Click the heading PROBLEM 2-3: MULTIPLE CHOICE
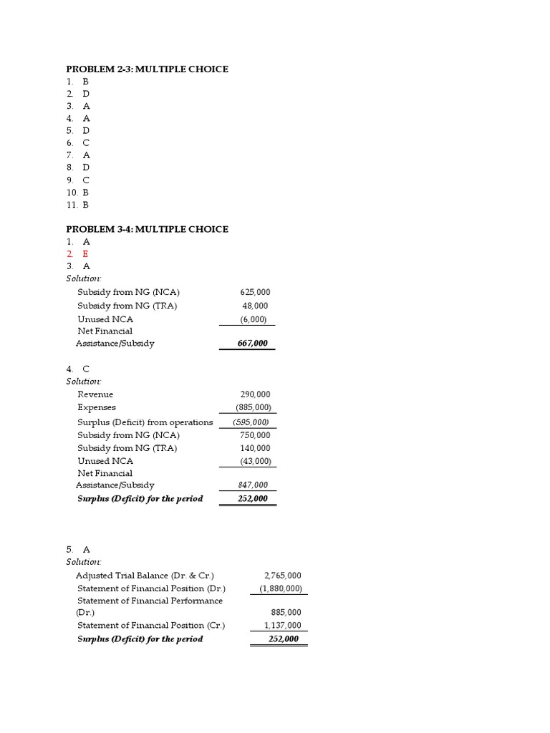tap(147, 69)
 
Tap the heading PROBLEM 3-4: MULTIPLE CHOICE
tap(147, 229)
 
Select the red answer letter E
tap(86, 253)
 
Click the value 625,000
tap(255, 292)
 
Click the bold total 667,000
tap(253, 344)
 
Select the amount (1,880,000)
tap(280, 588)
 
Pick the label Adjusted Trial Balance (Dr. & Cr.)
tap(145, 576)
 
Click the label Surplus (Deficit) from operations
tap(145, 422)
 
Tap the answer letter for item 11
tap(86, 205)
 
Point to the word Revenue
tap(95, 394)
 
